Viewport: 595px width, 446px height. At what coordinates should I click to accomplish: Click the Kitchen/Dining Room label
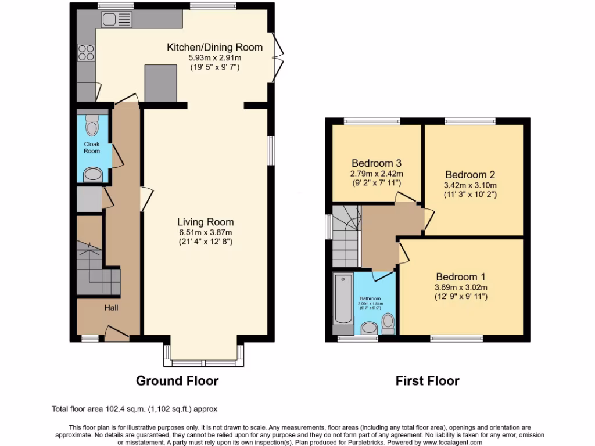pos(214,47)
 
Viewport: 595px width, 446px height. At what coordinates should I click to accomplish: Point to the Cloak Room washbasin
pos(93,174)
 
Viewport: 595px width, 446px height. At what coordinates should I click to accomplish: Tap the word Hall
pos(112,307)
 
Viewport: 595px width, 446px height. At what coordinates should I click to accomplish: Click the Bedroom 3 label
pos(376,163)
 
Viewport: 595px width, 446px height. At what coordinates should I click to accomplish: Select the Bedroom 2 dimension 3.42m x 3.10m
pos(470,185)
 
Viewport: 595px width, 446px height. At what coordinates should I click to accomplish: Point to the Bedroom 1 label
pos(461,277)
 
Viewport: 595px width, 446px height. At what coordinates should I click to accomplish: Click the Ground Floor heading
pos(177,381)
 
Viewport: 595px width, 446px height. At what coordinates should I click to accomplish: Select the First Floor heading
pos(427,381)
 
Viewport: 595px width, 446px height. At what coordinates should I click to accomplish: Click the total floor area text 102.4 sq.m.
pos(135,409)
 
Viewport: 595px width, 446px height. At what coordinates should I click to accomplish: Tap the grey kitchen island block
pos(160,82)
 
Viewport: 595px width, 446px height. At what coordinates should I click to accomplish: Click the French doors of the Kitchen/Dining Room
pos(278,58)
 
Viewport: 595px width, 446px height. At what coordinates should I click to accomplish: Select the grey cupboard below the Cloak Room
pos(90,199)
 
